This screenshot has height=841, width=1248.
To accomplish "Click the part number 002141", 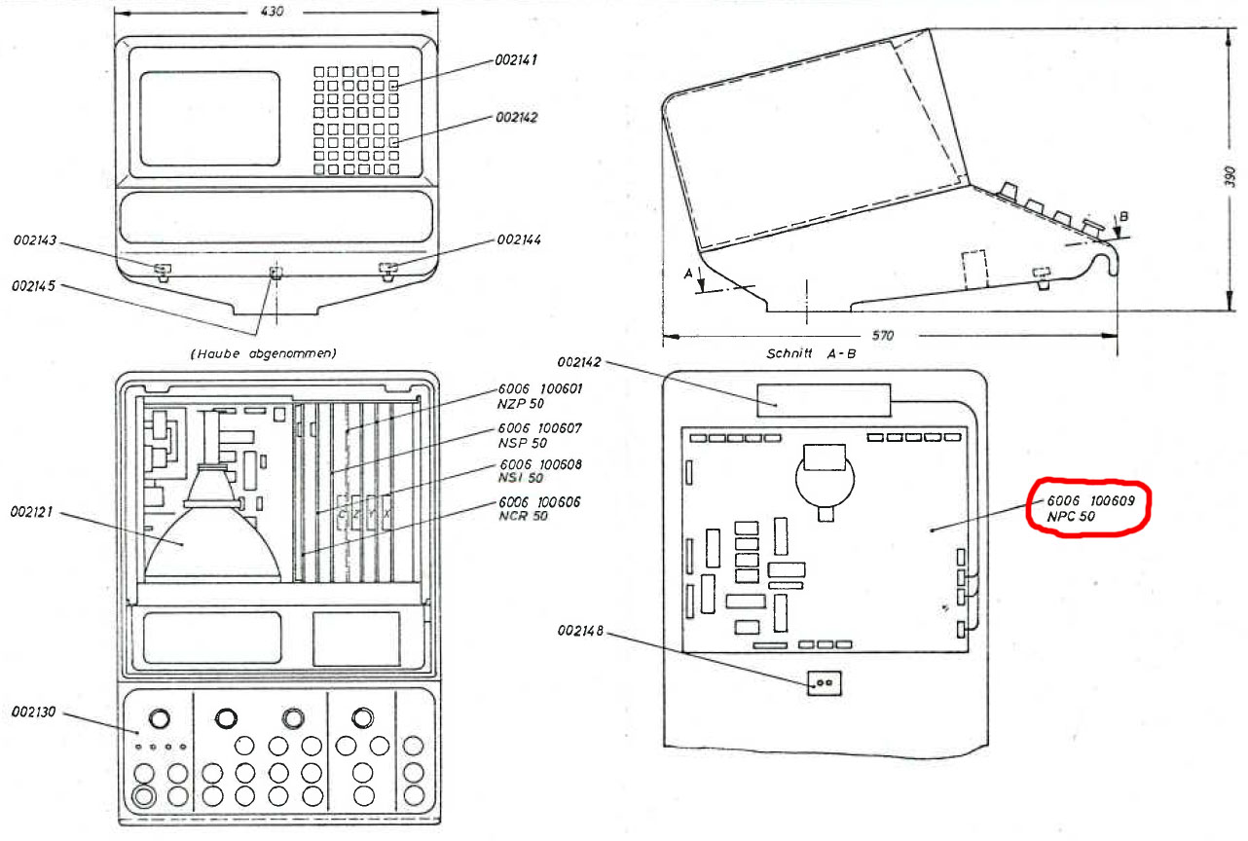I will (x=517, y=60).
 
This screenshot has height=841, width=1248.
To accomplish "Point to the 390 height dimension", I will (x=1230, y=175).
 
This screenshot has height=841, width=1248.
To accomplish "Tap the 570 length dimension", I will (x=882, y=336).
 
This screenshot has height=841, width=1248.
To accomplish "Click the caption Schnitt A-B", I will (x=810, y=354).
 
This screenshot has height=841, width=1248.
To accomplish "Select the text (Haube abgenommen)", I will (x=262, y=353).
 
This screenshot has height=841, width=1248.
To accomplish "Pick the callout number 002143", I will (x=35, y=238).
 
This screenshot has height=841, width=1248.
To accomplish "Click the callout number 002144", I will (x=519, y=239).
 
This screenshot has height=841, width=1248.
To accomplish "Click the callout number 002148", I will (x=580, y=632).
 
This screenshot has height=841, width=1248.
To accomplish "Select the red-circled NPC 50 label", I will (x=1071, y=517).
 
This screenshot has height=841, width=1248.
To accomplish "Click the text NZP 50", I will (x=520, y=404).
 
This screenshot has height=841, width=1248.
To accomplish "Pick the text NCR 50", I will (x=523, y=516).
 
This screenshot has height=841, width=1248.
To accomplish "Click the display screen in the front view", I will (x=209, y=117).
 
